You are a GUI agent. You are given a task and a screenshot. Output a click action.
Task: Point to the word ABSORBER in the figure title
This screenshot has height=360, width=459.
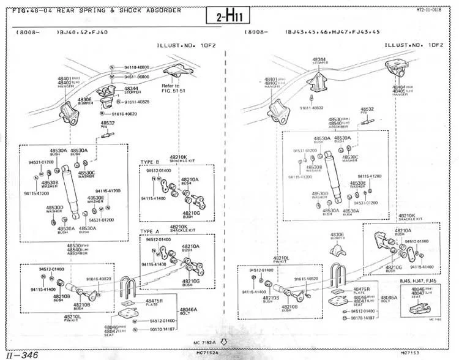[161, 10]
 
